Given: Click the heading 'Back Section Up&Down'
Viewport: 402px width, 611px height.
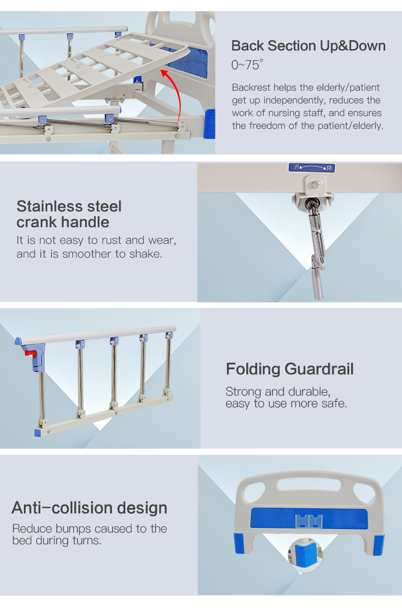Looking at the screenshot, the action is (308, 46).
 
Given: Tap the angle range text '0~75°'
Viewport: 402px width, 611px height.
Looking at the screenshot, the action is (247, 65).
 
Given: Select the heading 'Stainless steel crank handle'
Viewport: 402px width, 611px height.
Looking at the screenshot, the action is (69, 214).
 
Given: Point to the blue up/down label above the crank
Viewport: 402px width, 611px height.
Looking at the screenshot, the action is (312, 168).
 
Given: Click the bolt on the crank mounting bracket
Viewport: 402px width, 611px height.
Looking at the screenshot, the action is (315, 185).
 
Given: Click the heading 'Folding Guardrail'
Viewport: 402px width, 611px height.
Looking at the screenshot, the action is (290, 369).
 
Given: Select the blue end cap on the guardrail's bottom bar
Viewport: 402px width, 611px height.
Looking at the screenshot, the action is (38, 433).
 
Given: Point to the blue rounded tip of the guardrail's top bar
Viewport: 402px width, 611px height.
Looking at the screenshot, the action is (18, 341).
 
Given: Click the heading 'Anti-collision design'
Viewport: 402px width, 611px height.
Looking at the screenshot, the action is (90, 508).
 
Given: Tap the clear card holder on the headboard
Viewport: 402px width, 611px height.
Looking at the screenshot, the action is (309, 521).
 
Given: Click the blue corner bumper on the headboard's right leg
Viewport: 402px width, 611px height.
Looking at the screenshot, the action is (378, 545).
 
